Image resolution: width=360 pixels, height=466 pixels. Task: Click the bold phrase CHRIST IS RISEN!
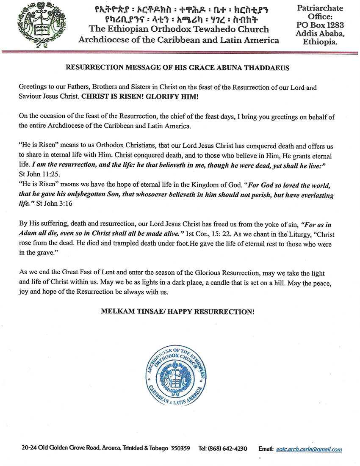point(108,96)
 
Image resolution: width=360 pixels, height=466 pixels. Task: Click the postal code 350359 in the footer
point(180,449)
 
